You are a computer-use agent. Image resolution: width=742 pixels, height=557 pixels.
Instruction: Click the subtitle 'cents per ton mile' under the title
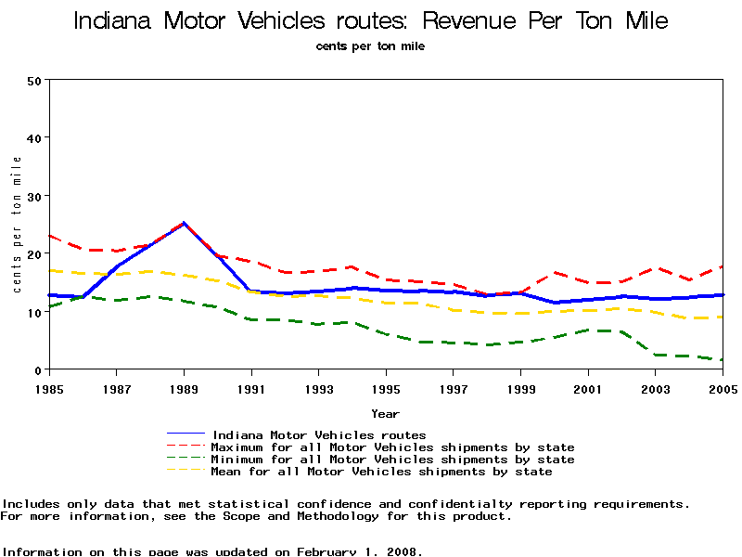click(x=370, y=45)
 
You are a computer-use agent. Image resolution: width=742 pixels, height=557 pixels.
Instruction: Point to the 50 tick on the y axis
click(x=34, y=80)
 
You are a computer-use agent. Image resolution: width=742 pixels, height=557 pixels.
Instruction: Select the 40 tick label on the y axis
click(x=34, y=137)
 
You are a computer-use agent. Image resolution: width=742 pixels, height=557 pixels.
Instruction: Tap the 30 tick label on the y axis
click(x=34, y=196)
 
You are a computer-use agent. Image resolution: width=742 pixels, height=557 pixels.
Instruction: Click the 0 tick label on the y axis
click(x=38, y=370)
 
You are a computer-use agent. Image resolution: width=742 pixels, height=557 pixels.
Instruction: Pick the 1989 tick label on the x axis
click(x=184, y=388)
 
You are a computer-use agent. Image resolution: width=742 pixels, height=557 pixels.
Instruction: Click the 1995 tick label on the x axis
click(x=386, y=388)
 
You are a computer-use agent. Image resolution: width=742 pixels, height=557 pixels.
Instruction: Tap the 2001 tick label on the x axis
click(x=588, y=388)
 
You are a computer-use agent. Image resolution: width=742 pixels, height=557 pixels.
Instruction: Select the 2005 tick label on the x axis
click(x=722, y=388)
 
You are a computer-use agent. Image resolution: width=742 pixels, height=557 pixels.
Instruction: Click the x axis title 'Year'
click(x=386, y=413)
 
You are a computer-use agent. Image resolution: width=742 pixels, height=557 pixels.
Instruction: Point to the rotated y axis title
click(x=17, y=225)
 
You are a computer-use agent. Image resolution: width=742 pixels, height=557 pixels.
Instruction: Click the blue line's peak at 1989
click(x=184, y=223)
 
